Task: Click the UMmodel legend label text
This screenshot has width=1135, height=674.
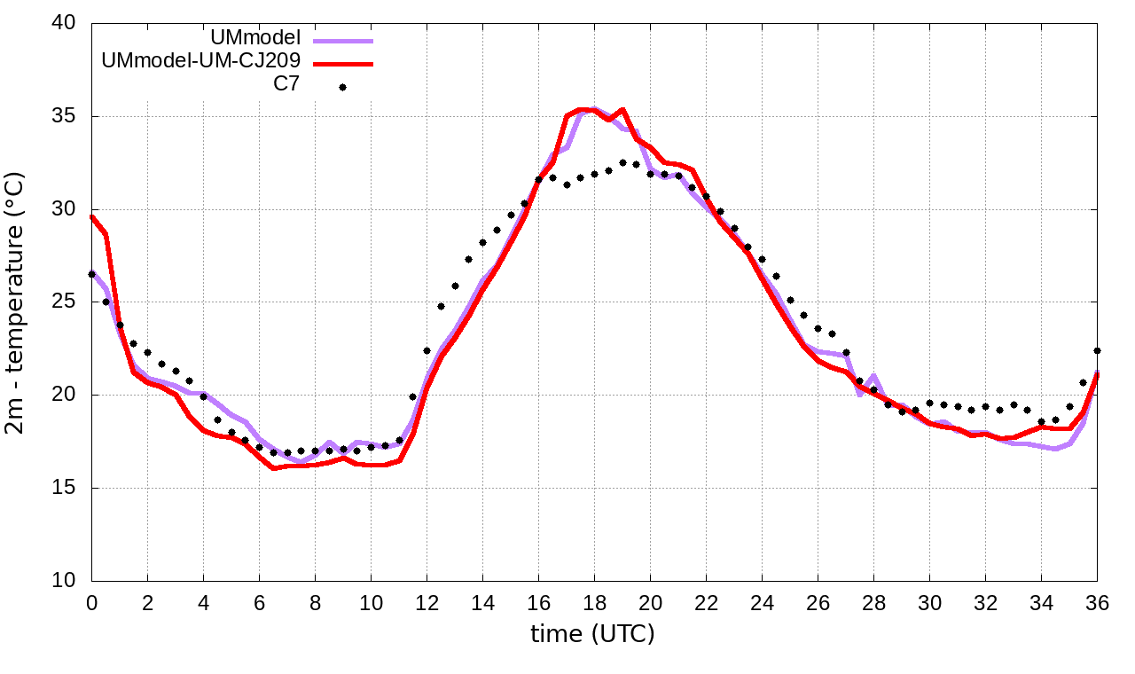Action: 255,38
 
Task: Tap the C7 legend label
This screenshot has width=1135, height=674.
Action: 287,85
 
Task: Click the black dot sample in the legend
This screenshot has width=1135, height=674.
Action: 342,87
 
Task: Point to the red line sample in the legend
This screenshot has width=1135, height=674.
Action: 342,64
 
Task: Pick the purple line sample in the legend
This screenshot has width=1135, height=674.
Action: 342,40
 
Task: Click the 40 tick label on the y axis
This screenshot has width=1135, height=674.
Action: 65,23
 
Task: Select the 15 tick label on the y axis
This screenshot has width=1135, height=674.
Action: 65,488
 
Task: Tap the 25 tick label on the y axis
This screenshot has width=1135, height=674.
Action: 65,302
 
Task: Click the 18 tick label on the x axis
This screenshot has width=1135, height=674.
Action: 594,603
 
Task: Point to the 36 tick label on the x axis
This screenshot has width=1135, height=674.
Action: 1097,603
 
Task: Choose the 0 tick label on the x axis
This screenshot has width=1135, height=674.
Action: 91,603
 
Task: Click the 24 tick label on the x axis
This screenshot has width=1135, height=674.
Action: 762,603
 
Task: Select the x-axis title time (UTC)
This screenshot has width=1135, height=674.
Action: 592,634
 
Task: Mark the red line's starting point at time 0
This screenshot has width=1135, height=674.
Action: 92,216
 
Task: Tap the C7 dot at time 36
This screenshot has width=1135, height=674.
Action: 1097,350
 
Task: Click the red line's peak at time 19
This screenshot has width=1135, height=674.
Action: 622,110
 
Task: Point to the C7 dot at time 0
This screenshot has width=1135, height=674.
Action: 92,274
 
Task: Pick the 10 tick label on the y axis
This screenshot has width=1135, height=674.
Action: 65,580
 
